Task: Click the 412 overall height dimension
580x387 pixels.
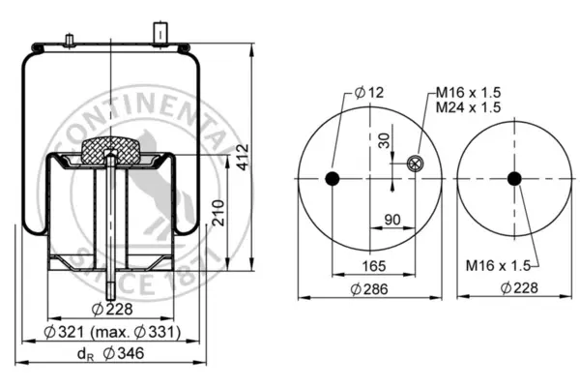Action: pyautogui.click(x=243, y=158)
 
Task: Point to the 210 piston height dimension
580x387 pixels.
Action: pyautogui.click(x=218, y=213)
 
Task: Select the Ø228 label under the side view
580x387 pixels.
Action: pyautogui.click(x=112, y=309)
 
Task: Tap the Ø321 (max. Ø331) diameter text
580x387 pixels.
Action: pyautogui.click(x=112, y=332)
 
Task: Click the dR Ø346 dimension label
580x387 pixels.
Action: pyautogui.click(x=110, y=353)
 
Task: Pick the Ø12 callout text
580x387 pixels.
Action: pyautogui.click(x=369, y=92)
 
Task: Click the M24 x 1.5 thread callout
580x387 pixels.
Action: pyautogui.click(x=468, y=107)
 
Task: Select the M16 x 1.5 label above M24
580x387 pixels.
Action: pyautogui.click(x=468, y=92)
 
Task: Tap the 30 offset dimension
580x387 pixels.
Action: pyautogui.click(x=385, y=140)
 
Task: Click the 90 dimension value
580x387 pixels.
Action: pyautogui.click(x=392, y=220)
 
